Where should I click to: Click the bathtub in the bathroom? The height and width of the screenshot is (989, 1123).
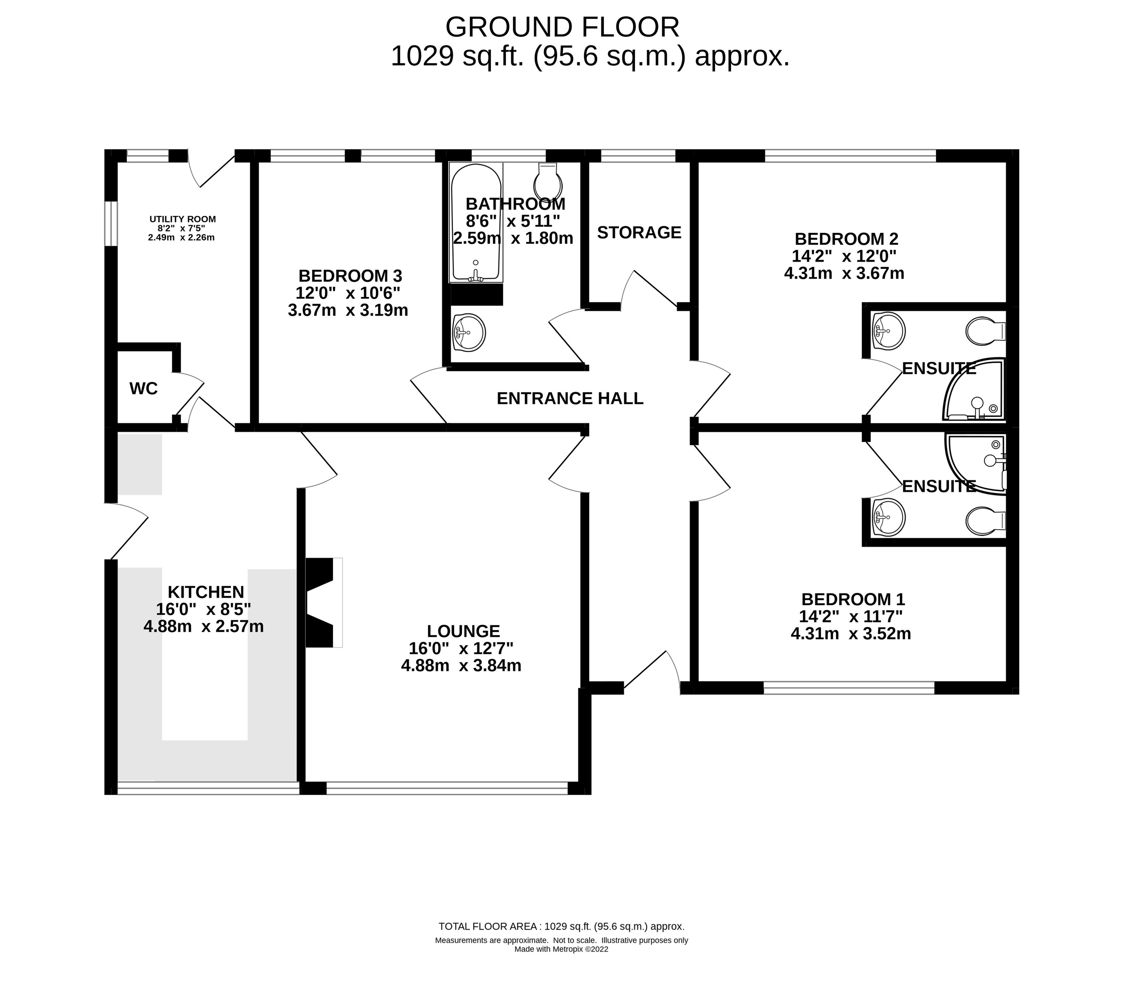[476, 223]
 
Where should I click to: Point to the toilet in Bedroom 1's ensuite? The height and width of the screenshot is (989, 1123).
[986, 520]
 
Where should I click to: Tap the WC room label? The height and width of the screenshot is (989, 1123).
[143, 389]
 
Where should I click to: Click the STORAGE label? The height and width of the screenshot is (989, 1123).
[639, 233]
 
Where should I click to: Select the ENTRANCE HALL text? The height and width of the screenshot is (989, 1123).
[570, 398]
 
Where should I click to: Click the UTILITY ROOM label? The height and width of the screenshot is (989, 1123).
[182, 219]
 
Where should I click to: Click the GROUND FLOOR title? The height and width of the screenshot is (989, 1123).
[562, 27]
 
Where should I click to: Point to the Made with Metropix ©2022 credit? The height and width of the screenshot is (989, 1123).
[561, 949]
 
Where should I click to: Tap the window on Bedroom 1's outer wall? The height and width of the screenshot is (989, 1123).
[849, 687]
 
